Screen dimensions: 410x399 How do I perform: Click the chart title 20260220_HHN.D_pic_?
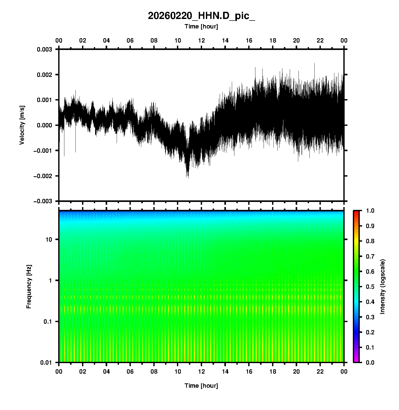(201, 16)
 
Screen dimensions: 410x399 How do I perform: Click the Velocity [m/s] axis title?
(22, 125)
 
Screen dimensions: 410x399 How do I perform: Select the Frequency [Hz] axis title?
(29, 287)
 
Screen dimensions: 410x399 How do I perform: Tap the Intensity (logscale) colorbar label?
(383, 286)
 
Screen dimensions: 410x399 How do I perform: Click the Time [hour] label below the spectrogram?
(201, 386)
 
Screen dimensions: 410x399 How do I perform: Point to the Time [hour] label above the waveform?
(201, 26)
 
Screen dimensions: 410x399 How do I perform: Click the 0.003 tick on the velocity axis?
(44, 49)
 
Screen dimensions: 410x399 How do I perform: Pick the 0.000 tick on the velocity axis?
(44, 125)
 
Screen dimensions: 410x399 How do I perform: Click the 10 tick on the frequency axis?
(49, 240)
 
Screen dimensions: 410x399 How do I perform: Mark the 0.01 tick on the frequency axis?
(46, 363)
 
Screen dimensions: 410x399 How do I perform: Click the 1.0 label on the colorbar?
(371, 211)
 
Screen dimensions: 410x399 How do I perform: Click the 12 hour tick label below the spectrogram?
(202, 372)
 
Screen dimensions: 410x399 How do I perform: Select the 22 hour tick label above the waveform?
(320, 40)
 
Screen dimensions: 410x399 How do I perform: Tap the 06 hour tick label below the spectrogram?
(130, 372)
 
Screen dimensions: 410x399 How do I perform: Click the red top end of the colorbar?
(356, 212)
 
